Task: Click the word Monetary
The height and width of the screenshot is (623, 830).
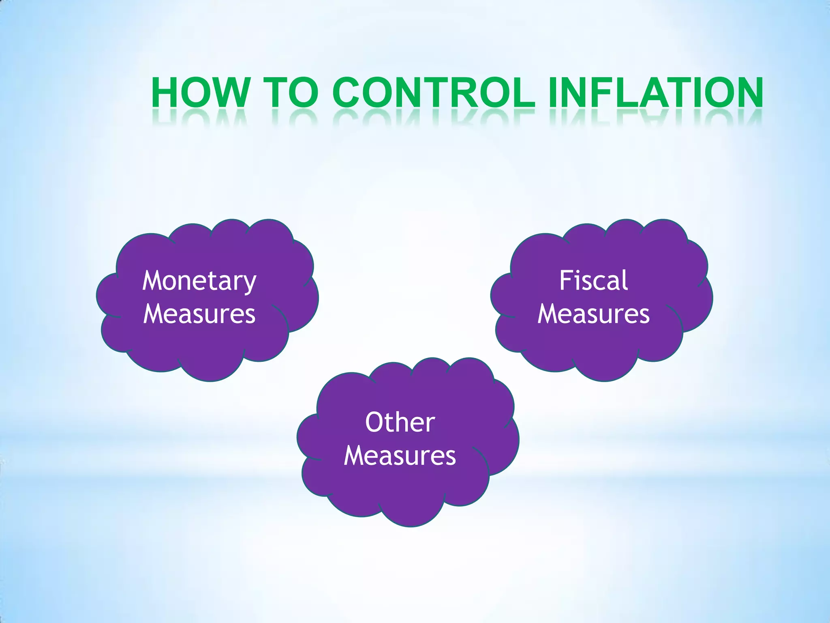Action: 199,281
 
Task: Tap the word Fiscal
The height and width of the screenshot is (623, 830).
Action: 593,280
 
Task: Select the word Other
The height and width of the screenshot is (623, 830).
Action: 400,422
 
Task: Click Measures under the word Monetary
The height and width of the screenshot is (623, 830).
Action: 199,314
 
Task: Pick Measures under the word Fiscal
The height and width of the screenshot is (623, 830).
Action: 593,314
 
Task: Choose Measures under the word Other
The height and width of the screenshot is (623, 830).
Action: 400,456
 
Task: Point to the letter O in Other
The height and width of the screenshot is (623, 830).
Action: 375,422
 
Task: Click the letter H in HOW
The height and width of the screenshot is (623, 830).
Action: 167,93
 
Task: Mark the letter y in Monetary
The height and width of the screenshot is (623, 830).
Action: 250,284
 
